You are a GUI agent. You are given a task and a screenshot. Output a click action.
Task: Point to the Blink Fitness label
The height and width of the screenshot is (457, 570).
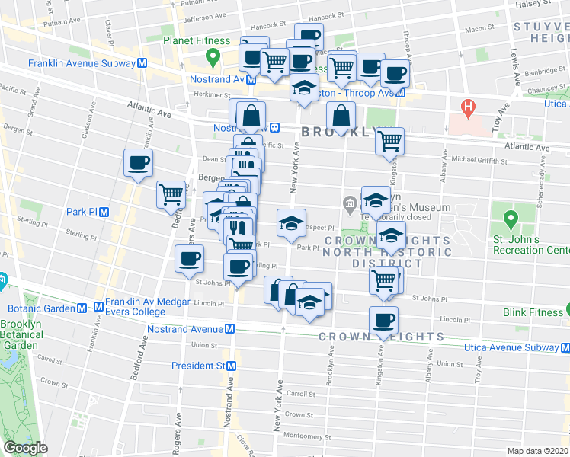[x=532, y=312]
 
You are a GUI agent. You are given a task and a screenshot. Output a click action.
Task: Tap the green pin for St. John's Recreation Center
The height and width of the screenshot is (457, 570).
[x=510, y=221]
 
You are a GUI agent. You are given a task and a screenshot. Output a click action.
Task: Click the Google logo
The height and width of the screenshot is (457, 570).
[x=25, y=449]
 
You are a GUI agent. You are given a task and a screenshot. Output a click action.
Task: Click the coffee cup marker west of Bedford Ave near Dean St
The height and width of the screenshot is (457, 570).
[x=138, y=163]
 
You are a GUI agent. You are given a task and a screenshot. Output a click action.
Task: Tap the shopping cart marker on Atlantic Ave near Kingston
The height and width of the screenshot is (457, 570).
[x=389, y=141]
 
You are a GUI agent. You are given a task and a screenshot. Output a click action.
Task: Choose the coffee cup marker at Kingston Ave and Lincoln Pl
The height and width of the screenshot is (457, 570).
[x=383, y=321]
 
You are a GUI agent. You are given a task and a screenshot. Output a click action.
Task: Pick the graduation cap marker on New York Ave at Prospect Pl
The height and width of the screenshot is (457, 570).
[x=290, y=223]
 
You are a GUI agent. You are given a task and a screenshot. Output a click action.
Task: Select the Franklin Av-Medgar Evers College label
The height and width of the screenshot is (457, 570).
[x=135, y=306]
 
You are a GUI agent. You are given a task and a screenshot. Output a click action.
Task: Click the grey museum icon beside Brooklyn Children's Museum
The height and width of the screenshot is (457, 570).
[x=350, y=203]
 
